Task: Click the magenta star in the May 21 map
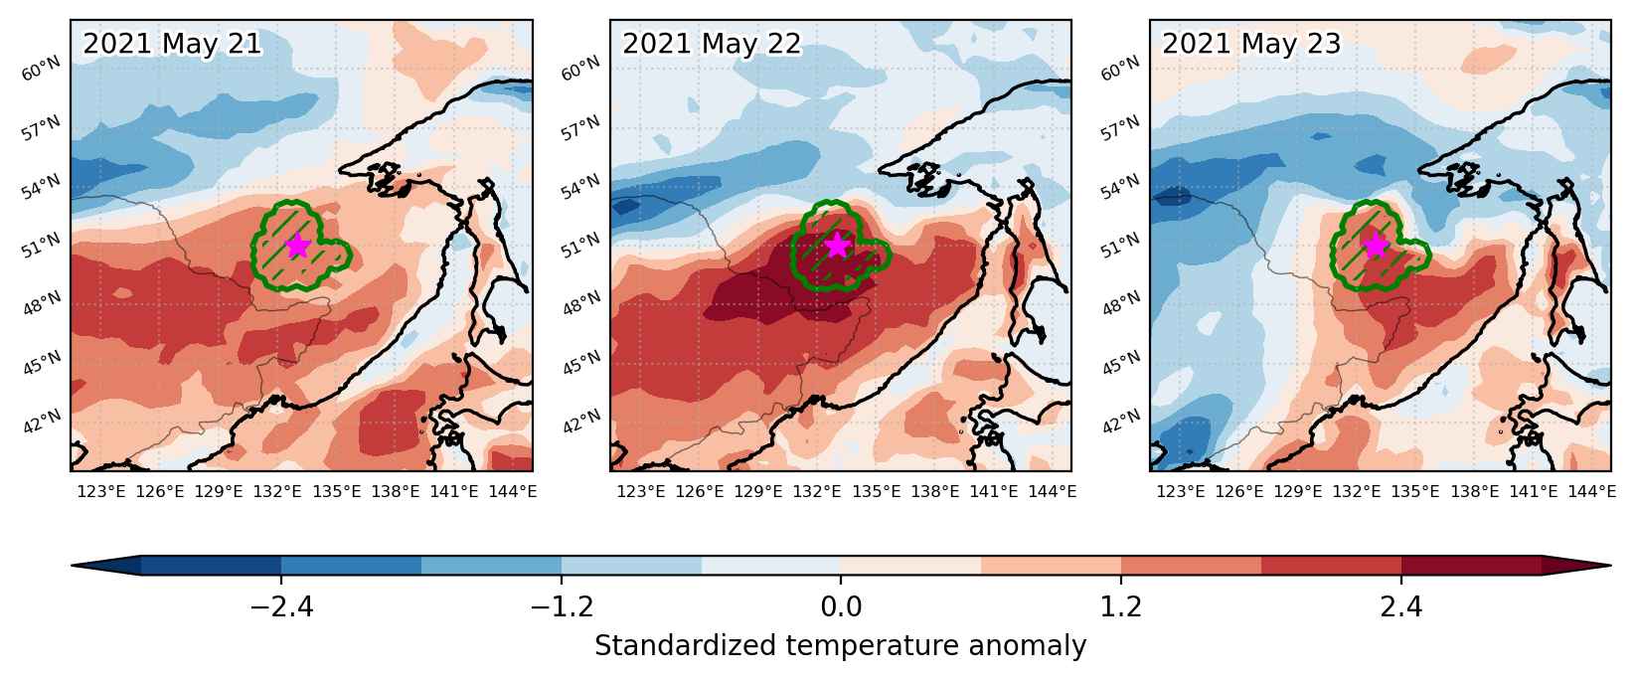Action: point(297,247)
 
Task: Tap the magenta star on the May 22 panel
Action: point(838,246)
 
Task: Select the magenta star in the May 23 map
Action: point(1377,246)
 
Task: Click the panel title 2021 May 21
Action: point(172,45)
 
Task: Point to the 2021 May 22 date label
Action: point(712,45)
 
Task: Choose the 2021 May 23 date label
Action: point(1251,45)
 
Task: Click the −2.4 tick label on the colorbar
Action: point(281,606)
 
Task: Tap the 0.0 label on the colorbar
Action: point(841,606)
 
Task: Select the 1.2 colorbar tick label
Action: point(1121,606)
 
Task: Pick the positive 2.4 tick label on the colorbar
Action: point(1401,606)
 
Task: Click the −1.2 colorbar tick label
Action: point(562,606)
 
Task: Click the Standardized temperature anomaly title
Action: point(841,646)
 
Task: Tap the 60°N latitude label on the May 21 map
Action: point(41,69)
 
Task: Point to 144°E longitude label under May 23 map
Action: point(1591,492)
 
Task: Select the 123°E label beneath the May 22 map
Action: point(641,492)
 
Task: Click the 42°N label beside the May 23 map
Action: point(1121,422)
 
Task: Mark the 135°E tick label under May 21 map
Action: point(337,492)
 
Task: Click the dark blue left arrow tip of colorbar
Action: point(73,565)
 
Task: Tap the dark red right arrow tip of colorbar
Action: point(1609,565)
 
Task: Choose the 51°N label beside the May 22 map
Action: point(581,246)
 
